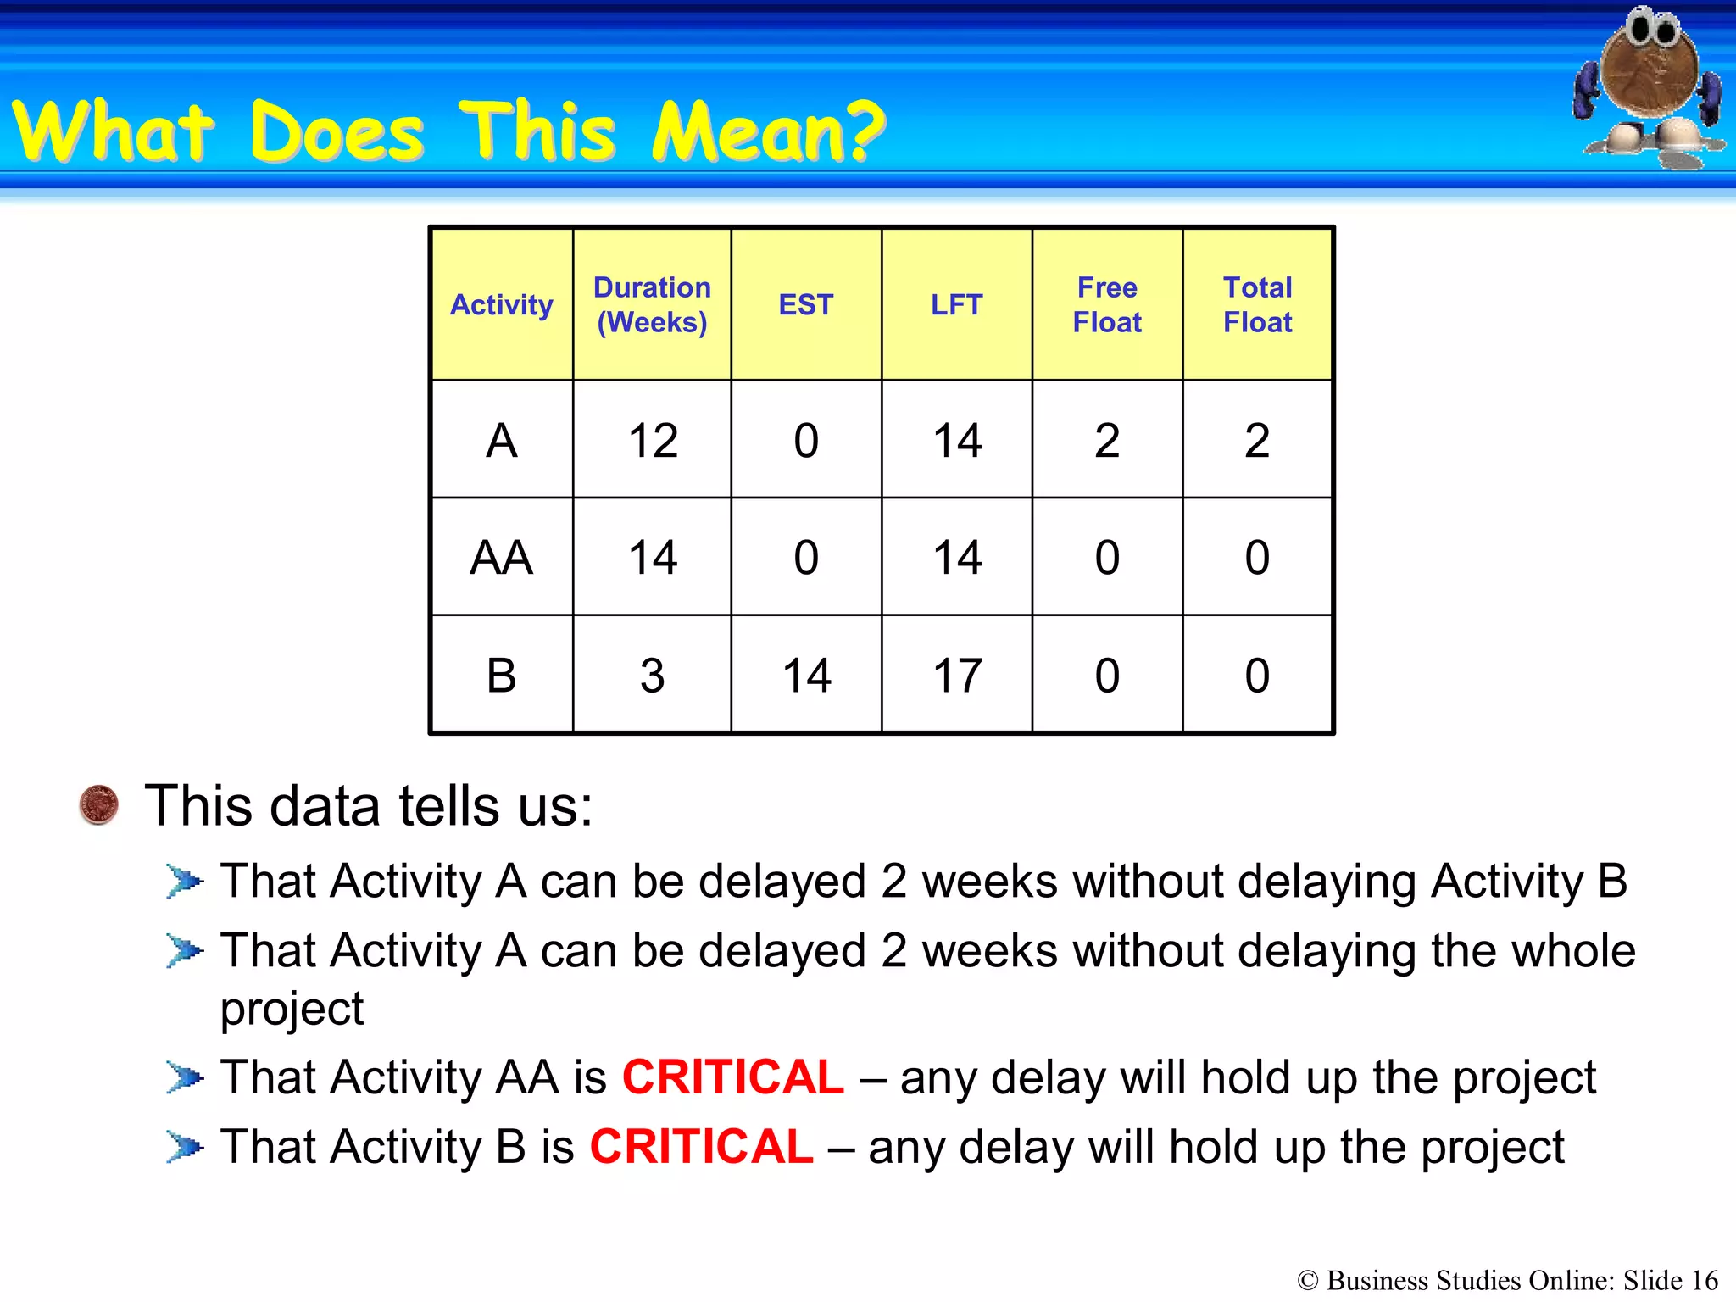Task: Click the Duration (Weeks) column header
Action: tap(652, 305)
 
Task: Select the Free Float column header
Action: tap(1107, 305)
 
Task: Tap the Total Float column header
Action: tap(1257, 305)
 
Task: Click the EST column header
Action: tap(806, 305)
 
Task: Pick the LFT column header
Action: tap(956, 305)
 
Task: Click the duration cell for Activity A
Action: tap(653, 441)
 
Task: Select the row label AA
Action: tap(501, 558)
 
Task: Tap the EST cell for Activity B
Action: tap(806, 676)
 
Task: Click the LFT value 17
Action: tap(957, 676)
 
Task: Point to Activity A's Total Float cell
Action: tap(1257, 441)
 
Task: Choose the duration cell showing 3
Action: tap(652, 676)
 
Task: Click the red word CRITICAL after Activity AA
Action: tap(732, 1077)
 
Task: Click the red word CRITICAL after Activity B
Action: tap(701, 1147)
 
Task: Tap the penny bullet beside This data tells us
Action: tap(98, 804)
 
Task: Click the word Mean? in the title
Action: tap(767, 132)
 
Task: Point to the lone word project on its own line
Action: tap(292, 1009)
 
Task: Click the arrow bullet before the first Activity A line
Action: tap(184, 882)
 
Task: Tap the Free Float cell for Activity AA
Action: tap(1107, 558)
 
